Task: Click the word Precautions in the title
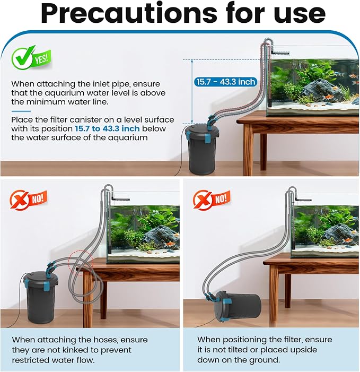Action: pos(129,13)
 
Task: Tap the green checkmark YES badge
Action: pos(31,58)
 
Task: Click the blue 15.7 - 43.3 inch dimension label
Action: pos(226,82)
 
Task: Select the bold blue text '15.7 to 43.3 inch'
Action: pos(107,128)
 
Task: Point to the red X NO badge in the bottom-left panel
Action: pos(29,200)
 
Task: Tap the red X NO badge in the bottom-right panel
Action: pos(212,200)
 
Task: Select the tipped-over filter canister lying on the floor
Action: pos(237,307)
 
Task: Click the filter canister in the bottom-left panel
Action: pos(42,299)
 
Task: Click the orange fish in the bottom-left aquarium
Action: pos(170,244)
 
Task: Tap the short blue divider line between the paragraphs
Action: pos(21,111)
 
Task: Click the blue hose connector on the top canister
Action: pos(211,120)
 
